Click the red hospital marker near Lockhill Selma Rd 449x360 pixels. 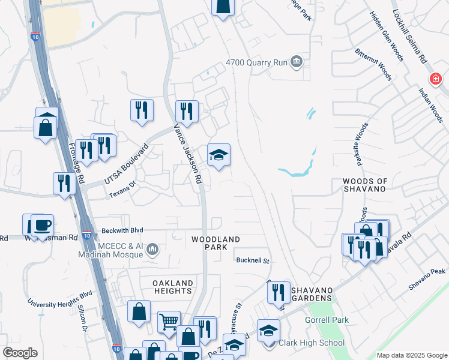(x=435, y=79)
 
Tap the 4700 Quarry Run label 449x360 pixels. (x=257, y=62)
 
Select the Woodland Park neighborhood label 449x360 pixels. (x=216, y=243)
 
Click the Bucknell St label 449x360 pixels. (x=254, y=261)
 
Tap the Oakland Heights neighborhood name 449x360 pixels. (x=173, y=287)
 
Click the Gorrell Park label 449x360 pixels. (x=327, y=320)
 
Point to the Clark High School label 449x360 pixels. (x=312, y=343)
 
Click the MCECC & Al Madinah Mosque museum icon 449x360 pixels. (x=152, y=248)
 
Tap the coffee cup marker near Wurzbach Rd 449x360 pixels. (x=42, y=226)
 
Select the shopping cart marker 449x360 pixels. (x=169, y=322)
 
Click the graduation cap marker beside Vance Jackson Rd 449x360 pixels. (x=219, y=156)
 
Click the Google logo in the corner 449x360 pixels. (x=20, y=353)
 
